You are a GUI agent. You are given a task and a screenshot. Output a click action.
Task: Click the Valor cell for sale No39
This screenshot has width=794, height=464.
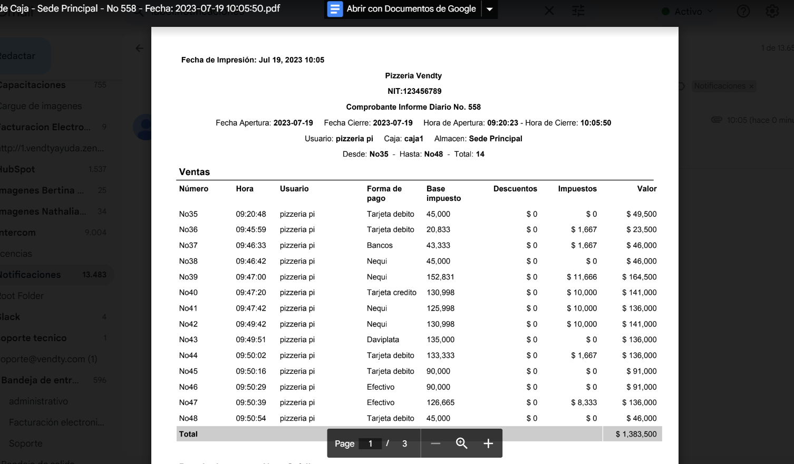pyautogui.click(x=639, y=277)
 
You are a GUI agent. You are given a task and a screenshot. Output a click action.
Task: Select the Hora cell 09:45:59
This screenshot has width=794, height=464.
pyautogui.click(x=251, y=229)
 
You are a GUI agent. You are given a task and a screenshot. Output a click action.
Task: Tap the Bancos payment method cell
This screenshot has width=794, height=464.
pyautogui.click(x=380, y=245)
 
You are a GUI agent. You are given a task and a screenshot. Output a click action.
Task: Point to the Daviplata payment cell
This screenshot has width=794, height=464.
pyautogui.click(x=383, y=340)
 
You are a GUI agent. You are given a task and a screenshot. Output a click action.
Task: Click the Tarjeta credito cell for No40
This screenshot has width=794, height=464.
pyautogui.click(x=391, y=293)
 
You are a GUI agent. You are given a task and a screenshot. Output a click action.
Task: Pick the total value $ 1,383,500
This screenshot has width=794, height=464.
pyautogui.click(x=636, y=434)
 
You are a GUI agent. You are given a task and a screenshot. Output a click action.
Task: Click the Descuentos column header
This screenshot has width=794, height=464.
pyautogui.click(x=515, y=189)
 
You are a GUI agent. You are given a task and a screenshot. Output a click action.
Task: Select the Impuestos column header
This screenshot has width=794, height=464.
pyautogui.click(x=577, y=189)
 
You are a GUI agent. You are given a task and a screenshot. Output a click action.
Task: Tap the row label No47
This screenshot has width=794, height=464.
pyautogui.click(x=188, y=402)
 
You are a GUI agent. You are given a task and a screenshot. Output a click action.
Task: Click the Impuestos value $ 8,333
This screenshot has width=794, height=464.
pyautogui.click(x=584, y=402)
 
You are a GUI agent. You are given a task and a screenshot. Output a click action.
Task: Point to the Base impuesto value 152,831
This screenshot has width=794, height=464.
pyautogui.click(x=440, y=277)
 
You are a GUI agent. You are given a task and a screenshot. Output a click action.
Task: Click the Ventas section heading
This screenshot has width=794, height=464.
pyautogui.click(x=195, y=172)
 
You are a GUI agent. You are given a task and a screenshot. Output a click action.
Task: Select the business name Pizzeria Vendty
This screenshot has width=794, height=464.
pyautogui.click(x=413, y=76)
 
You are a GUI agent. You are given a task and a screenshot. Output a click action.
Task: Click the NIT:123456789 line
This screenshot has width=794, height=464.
pyautogui.click(x=414, y=91)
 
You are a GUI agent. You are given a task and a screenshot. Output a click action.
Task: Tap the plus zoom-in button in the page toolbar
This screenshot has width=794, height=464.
pyautogui.click(x=488, y=443)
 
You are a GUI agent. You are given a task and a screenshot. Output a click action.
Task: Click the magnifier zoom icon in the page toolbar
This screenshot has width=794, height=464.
pyautogui.click(x=461, y=443)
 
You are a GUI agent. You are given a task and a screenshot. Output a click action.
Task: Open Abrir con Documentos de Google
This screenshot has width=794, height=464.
pyautogui.click(x=403, y=9)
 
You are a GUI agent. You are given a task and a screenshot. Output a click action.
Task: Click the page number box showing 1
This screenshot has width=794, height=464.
pyautogui.click(x=370, y=443)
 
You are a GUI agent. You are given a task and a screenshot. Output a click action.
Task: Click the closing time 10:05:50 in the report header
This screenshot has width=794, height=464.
pyautogui.click(x=596, y=123)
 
